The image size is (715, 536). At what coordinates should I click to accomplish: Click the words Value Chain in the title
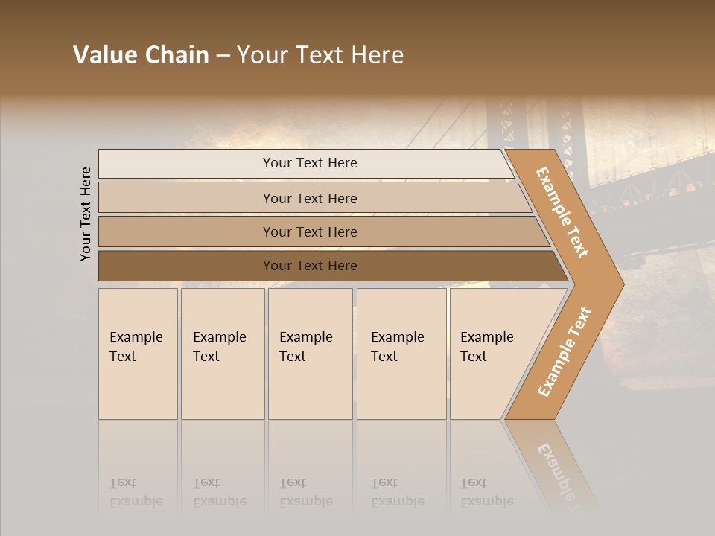click(x=141, y=55)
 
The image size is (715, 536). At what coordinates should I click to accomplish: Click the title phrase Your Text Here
click(x=320, y=55)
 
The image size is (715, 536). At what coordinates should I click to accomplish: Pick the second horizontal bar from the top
click(x=310, y=198)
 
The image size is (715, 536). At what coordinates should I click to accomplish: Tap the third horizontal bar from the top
click(x=310, y=232)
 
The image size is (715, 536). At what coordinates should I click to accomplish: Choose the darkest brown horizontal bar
click(x=310, y=266)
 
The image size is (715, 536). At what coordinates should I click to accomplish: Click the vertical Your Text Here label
click(x=86, y=214)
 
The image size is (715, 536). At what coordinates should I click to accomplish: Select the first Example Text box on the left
click(x=138, y=353)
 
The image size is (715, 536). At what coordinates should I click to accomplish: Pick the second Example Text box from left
click(x=222, y=353)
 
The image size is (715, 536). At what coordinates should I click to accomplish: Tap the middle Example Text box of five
click(x=309, y=353)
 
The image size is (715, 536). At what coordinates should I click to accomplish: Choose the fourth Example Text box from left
click(x=401, y=353)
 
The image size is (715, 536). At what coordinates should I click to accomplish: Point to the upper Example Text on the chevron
click(x=562, y=212)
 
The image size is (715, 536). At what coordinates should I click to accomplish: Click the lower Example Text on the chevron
click(x=564, y=351)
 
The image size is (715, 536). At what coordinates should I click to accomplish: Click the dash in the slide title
click(x=223, y=56)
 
